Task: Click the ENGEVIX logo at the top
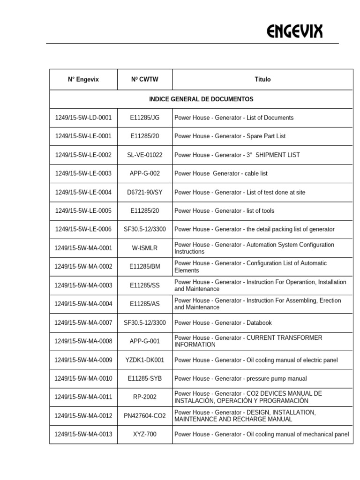(x=294, y=32)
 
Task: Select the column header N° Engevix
(x=83, y=80)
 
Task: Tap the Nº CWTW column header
(x=144, y=80)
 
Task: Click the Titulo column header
(x=262, y=80)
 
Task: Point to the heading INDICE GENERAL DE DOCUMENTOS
(x=201, y=99)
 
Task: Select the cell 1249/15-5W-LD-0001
(x=83, y=118)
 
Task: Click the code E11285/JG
(x=144, y=118)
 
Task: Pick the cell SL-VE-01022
(x=144, y=155)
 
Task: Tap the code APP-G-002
(x=144, y=173)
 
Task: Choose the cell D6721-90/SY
(x=144, y=192)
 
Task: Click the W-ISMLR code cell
(x=144, y=248)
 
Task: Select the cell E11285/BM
(x=144, y=267)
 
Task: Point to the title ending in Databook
(x=223, y=323)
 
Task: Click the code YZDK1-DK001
(x=144, y=360)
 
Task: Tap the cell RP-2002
(x=144, y=397)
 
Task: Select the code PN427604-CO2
(x=144, y=416)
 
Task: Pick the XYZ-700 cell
(x=144, y=435)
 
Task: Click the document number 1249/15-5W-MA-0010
(x=83, y=379)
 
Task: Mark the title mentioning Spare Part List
(x=230, y=136)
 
